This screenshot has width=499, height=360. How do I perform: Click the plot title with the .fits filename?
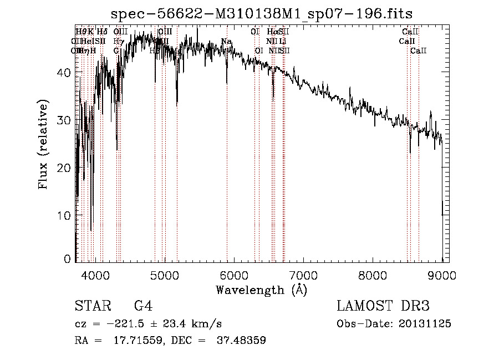click(x=262, y=13)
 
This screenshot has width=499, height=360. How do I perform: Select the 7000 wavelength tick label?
click(x=303, y=275)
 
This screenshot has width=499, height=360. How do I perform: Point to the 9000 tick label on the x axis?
click(x=442, y=275)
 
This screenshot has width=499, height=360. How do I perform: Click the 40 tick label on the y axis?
click(x=65, y=73)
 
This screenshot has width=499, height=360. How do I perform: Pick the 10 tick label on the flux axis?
click(x=65, y=215)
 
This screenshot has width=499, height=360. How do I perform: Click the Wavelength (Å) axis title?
click(x=261, y=290)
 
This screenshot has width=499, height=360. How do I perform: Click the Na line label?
click(x=226, y=42)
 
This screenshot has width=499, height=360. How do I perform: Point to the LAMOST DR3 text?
click(x=383, y=306)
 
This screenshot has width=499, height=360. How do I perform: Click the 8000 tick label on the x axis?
click(x=373, y=275)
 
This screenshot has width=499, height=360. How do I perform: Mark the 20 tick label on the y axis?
click(x=65, y=168)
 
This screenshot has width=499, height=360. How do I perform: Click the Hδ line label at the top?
click(x=102, y=32)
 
